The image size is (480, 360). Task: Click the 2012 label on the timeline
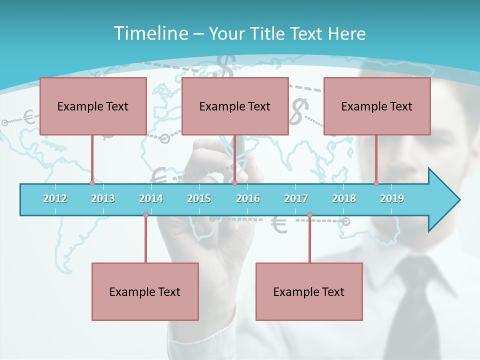[55, 198]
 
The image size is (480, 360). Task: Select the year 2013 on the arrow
[103, 198]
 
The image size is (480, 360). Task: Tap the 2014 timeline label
[151, 198]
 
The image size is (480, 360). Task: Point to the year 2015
[199, 198]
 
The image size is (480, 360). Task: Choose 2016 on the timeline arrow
[248, 198]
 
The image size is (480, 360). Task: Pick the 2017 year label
[296, 198]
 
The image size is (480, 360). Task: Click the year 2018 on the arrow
[344, 198]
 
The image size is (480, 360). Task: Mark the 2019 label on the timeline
[392, 198]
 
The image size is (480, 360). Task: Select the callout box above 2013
[93, 106]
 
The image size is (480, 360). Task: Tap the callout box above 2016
[235, 106]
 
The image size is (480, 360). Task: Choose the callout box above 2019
[377, 106]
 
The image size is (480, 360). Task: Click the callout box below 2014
[145, 291]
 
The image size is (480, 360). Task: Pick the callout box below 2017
[309, 291]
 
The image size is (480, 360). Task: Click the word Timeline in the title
[149, 33]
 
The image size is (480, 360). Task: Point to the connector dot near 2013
[92, 183]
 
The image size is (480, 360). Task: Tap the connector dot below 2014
[145, 215]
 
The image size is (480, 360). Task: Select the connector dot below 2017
[309, 215]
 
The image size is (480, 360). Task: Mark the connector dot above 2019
[376, 183]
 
